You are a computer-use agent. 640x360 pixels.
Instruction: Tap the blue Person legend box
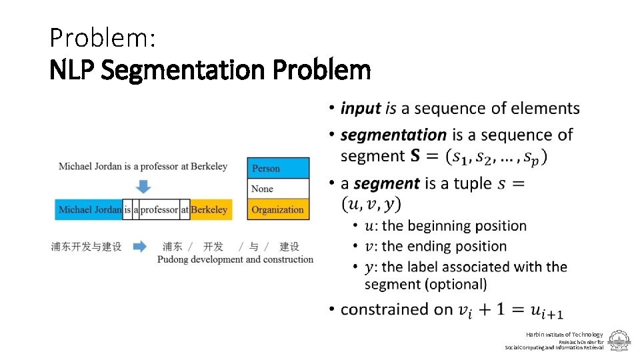coord(279,169)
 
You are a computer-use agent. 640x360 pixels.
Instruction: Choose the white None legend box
coord(279,189)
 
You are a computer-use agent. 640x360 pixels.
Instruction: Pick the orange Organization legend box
coord(279,209)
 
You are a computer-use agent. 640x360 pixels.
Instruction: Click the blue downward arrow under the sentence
coord(143,185)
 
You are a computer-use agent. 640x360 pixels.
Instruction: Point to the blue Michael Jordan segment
coord(90,209)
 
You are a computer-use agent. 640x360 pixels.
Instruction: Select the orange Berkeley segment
coord(211,209)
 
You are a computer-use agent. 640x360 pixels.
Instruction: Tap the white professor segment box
coord(159,209)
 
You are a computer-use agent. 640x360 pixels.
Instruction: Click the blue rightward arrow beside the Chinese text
coord(140,247)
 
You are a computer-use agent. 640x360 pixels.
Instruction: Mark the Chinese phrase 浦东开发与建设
coord(87,247)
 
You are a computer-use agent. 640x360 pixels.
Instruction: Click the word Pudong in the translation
coord(173,259)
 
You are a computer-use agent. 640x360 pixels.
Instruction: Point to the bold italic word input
coord(360,108)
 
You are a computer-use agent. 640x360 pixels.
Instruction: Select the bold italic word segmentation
coord(393,135)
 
